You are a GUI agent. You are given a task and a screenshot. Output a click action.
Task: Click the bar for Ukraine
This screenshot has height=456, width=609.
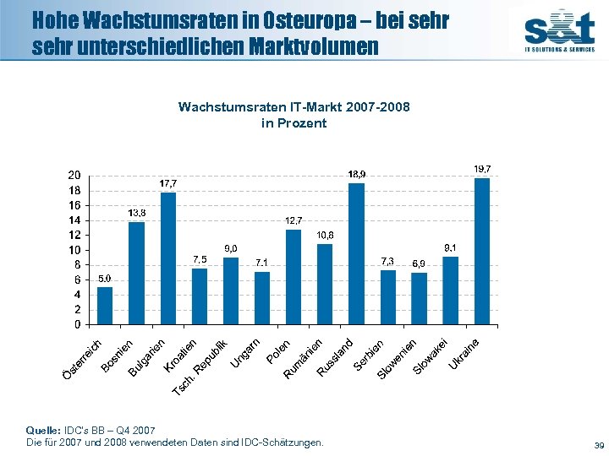[482, 251]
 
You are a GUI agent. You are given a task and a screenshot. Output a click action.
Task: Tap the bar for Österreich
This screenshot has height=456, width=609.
[105, 306]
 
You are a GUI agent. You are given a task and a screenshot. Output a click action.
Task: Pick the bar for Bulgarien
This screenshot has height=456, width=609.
[167, 258]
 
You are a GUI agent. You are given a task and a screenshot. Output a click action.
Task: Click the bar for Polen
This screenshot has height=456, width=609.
[262, 298]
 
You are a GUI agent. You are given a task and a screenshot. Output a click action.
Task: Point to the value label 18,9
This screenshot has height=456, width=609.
[357, 174]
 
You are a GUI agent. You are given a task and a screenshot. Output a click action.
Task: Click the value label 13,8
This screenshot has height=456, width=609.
[136, 213]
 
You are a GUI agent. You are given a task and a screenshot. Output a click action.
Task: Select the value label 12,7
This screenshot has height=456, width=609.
[294, 220]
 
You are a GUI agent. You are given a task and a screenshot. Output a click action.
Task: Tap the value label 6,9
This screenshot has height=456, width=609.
[419, 263]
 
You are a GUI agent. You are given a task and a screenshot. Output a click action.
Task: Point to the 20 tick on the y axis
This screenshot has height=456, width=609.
[75, 175]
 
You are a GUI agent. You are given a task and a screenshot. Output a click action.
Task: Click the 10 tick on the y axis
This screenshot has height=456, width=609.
[75, 250]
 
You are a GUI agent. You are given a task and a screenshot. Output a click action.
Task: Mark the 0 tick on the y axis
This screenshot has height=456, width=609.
[78, 324]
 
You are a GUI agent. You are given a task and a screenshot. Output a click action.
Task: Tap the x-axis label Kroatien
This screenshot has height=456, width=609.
[181, 355]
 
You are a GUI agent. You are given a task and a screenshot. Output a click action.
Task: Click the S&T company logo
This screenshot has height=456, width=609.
[558, 30]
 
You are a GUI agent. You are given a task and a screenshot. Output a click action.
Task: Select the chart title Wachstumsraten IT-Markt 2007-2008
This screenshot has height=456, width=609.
[294, 107]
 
